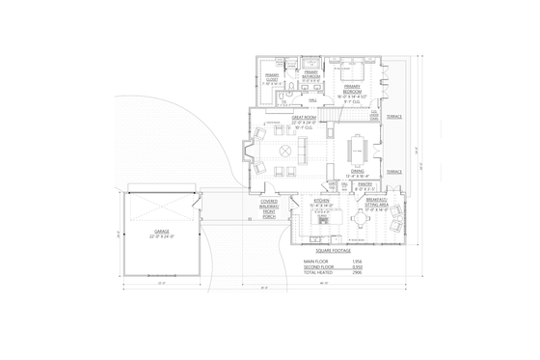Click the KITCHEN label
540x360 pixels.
coord(319,203)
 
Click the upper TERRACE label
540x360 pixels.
coord(394,117)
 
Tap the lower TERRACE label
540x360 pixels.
coord(394,172)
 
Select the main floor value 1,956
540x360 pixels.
coord(355,262)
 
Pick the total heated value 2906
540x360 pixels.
coord(355,273)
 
